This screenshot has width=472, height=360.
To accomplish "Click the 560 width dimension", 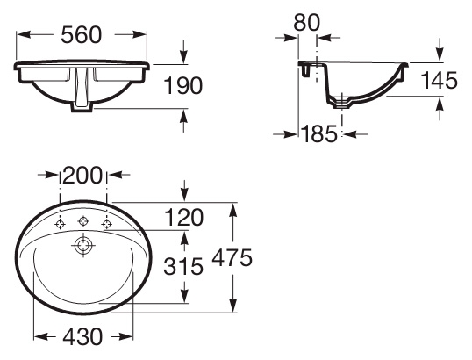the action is (82, 35).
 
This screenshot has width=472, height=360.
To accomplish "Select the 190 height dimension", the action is (182, 85).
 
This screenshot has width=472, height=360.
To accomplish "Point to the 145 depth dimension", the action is (439, 80).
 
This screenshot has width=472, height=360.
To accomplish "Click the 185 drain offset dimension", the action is (319, 133).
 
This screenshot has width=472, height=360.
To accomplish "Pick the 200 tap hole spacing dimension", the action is (82, 175).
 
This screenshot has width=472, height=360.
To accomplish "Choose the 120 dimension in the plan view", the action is (184, 218).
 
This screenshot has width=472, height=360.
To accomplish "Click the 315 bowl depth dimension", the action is (183, 266).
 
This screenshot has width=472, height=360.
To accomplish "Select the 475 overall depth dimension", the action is (232, 258).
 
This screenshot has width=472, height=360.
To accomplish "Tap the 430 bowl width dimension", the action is (82, 337).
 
